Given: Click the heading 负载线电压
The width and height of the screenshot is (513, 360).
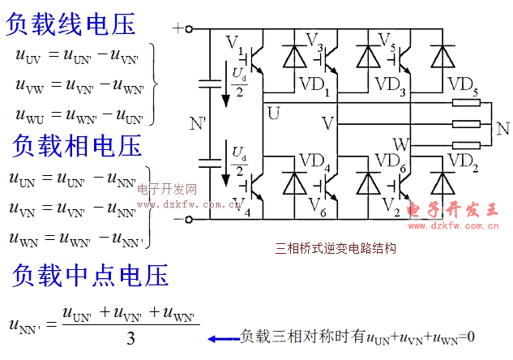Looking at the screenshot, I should coord(71,24).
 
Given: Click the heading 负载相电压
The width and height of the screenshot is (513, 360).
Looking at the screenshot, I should coord(77,145).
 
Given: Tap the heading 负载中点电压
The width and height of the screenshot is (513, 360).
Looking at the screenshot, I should coord(90,275).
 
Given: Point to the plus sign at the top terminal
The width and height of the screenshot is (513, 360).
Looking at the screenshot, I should coord(178,28).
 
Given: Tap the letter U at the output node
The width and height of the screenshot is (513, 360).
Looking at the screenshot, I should coord(273,113).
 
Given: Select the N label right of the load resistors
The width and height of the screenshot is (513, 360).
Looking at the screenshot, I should coord(502,128).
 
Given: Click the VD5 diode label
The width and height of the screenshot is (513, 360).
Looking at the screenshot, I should coord(463,84).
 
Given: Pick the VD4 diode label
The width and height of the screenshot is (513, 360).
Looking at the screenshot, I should coord(315,169).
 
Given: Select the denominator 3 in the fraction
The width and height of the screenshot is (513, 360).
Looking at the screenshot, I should coord(130,339).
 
